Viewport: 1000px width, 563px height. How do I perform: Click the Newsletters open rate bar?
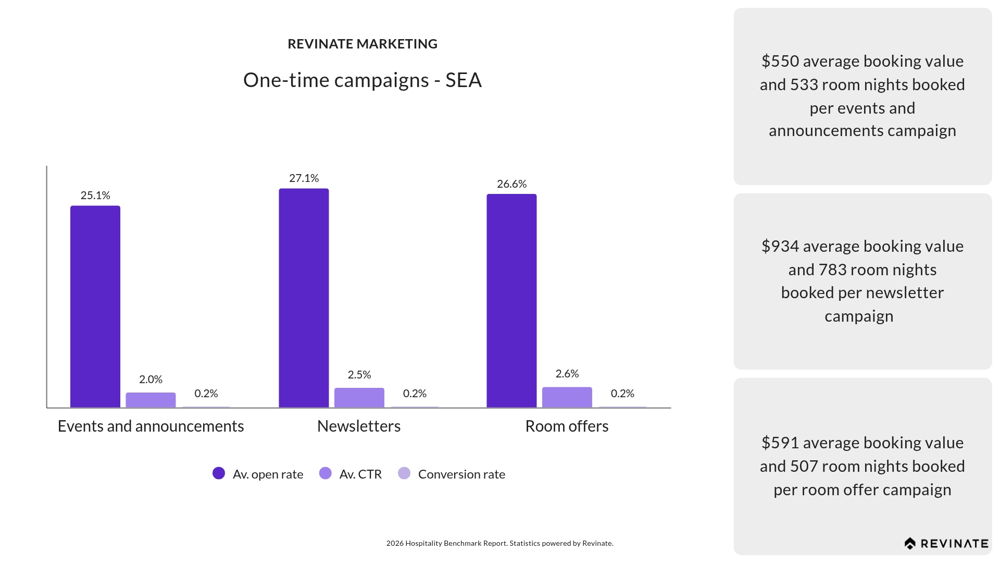[304, 298]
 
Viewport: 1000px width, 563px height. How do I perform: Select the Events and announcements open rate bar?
[95, 307]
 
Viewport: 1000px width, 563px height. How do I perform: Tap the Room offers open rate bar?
[511, 301]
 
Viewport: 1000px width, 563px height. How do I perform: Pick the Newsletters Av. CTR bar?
[359, 398]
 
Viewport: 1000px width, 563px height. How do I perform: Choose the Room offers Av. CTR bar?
[567, 397]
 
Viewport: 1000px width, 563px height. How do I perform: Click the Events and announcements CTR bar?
[151, 400]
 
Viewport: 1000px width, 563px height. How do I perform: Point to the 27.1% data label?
[304, 178]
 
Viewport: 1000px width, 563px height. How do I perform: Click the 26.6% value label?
[511, 184]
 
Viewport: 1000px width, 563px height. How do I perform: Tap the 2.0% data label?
[151, 380]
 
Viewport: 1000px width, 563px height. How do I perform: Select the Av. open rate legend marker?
[219, 473]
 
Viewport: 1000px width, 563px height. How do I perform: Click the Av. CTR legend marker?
[325, 473]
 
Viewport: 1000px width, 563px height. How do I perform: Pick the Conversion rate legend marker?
[404, 473]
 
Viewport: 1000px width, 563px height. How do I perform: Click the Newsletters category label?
[359, 426]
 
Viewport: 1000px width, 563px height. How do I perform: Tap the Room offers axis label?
[567, 426]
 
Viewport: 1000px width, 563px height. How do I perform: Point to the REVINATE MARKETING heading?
[362, 44]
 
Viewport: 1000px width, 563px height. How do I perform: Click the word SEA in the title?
[464, 80]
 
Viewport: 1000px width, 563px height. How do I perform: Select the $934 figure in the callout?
[780, 246]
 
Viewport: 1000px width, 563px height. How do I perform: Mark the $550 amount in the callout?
[780, 61]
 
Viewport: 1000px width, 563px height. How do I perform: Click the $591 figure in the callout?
[780, 443]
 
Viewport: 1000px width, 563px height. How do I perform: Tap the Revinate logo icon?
[910, 544]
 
